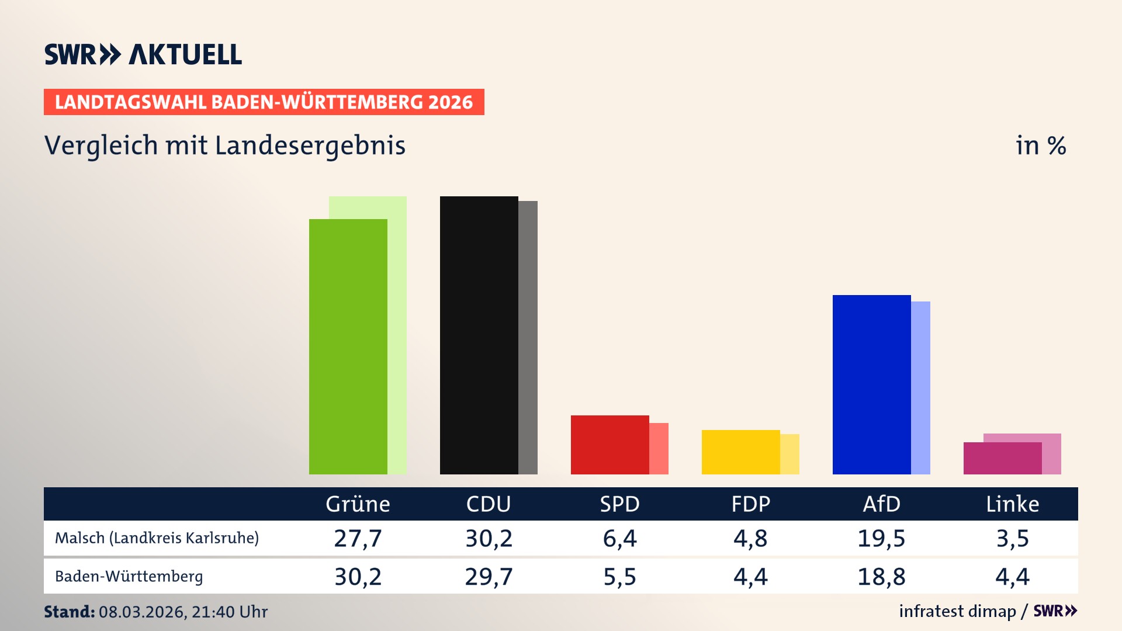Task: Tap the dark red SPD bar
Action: pos(610,445)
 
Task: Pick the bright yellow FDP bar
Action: pos(740,452)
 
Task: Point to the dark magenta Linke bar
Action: pos(1002,459)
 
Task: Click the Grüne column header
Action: pos(358,504)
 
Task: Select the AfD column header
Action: pos(881,504)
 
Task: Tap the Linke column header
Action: pos(1012,504)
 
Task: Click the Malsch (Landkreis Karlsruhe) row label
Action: pos(157,538)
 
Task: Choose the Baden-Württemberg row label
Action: pos(129,577)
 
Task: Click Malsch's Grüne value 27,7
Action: pos(358,538)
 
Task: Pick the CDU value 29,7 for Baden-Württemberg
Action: pos(489,577)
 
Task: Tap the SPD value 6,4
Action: pos(619,538)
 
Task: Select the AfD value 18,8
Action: pos(881,577)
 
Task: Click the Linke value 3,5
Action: pos(1012,538)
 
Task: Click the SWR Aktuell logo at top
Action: pos(143,54)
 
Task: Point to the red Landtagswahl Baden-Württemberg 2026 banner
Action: pos(264,102)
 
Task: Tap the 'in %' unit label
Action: pos(1040,145)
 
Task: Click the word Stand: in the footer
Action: pos(69,612)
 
